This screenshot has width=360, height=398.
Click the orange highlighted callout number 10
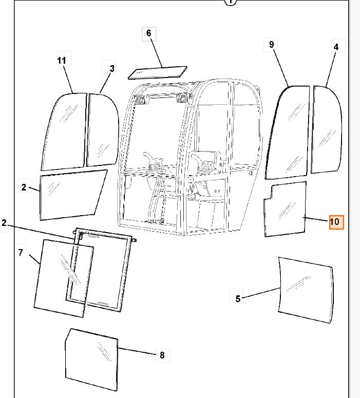pyautogui.click(x=336, y=222)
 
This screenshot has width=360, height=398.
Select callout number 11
pyautogui.click(x=62, y=61)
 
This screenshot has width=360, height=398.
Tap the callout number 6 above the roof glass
pyautogui.click(x=149, y=33)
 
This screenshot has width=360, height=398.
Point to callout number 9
pyautogui.click(x=271, y=44)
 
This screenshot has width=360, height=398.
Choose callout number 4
pyautogui.click(x=336, y=47)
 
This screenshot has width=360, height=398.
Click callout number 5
pyautogui.click(x=238, y=299)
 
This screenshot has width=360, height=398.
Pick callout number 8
pyautogui.click(x=162, y=355)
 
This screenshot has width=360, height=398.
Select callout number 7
pyautogui.click(x=21, y=252)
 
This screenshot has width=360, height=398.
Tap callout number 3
pyautogui.click(x=112, y=68)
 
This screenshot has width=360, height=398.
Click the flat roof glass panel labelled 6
pyautogui.click(x=158, y=72)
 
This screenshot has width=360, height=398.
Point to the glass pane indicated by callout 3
pyautogui.click(x=103, y=130)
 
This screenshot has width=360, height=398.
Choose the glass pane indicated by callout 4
pyautogui.click(x=327, y=130)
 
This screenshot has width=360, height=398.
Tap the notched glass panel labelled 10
pyautogui.click(x=286, y=210)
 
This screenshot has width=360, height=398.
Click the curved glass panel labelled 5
pyautogui.click(x=306, y=290)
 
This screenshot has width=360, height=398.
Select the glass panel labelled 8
pyautogui.click(x=91, y=359)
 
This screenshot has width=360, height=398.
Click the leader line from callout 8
pyautogui.click(x=137, y=351)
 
